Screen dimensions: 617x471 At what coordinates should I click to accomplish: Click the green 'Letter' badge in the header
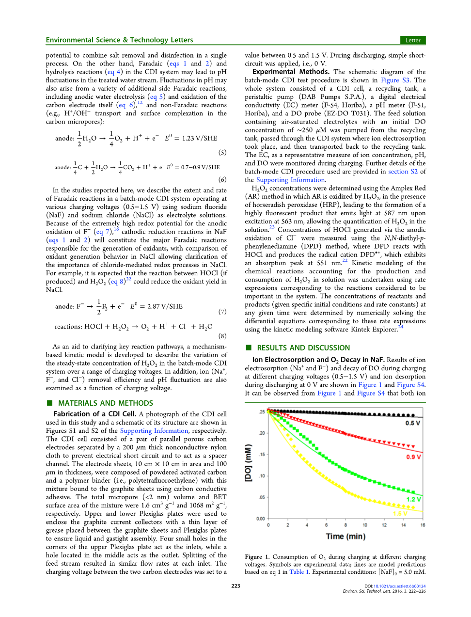click(x=413, y=40)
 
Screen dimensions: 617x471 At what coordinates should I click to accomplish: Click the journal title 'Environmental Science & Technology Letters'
click(x=119, y=40)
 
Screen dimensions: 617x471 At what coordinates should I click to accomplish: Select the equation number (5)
click(x=222, y=153)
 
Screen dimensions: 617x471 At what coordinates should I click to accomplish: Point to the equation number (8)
click(x=222, y=336)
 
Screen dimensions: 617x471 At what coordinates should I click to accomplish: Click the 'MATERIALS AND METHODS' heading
click(x=105, y=403)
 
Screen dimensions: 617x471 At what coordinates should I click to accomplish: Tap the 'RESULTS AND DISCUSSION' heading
click(x=303, y=348)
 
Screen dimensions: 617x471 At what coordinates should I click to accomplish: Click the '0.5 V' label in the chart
click(x=413, y=423)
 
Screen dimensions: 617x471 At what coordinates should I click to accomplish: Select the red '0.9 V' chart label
click(x=413, y=457)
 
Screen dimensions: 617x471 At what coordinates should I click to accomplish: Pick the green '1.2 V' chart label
click(x=413, y=499)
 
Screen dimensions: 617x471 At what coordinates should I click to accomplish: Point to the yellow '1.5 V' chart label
click(x=400, y=513)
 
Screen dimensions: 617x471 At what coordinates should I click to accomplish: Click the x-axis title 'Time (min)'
click(x=345, y=537)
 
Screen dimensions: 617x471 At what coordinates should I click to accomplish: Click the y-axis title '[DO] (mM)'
click(x=249, y=462)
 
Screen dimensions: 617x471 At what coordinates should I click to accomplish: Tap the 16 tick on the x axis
click(x=423, y=525)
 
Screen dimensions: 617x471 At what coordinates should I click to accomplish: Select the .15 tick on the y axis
click(x=262, y=455)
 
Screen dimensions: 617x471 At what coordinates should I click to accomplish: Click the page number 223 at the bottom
click(x=235, y=586)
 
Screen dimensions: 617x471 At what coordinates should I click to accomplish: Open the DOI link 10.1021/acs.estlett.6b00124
click(x=399, y=586)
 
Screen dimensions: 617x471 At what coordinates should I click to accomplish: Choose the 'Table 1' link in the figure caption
click(x=297, y=572)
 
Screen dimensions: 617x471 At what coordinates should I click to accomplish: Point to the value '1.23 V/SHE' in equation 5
click(x=199, y=138)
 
